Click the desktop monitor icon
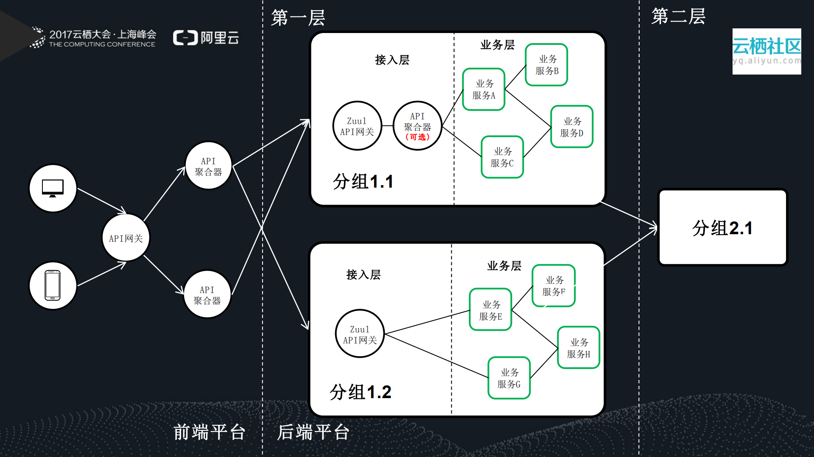pos(53,188)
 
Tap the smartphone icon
pos(53,285)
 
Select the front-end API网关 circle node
pos(126,238)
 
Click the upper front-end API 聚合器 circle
pos(208,166)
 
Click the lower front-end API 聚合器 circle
pos(207,295)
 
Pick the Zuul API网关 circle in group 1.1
pos(357,126)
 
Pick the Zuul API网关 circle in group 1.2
pos(360,334)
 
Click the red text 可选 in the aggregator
pos(418,137)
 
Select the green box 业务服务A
pos(484,89)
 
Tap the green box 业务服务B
pos(546,65)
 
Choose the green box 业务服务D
pos(571,127)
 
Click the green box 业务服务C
pos(502,157)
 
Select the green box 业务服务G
pos(509,378)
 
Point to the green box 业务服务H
pos(578,348)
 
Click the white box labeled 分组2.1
pos(722,228)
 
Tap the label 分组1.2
pos(360,392)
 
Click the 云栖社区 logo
pos(766,51)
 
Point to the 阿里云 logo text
pos(219,38)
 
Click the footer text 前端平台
pos(209,432)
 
